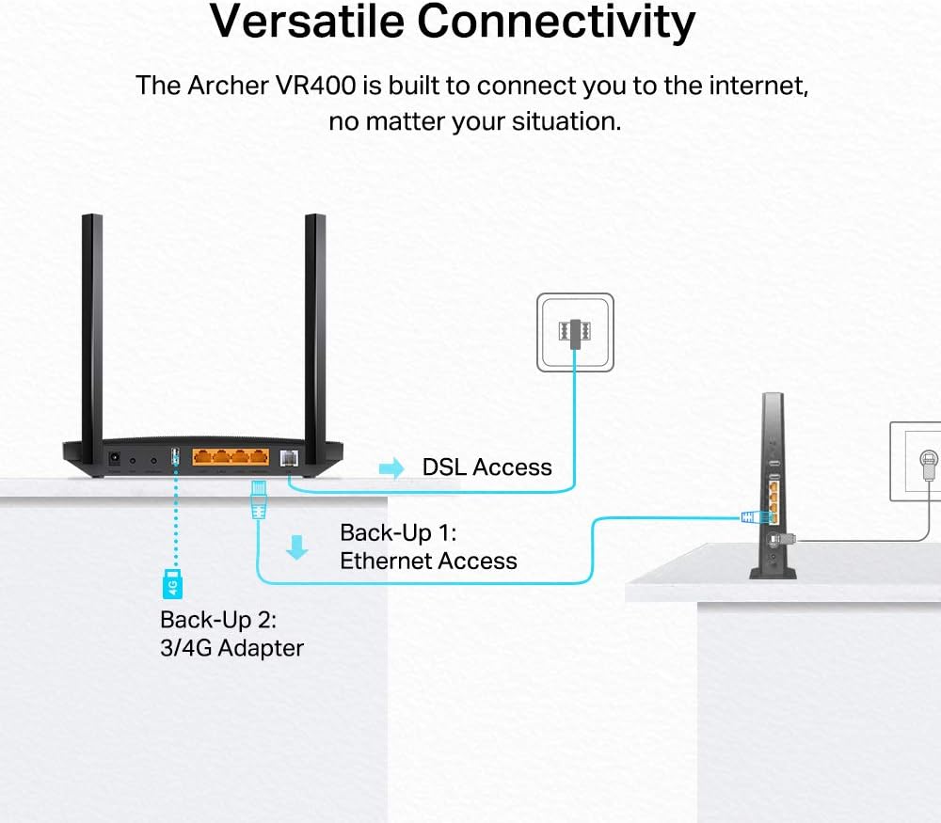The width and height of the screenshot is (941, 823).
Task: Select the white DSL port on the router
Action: pyautogui.click(x=288, y=459)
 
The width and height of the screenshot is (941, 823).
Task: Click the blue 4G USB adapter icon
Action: pyautogui.click(x=172, y=584)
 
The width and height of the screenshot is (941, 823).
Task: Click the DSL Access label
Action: pyautogui.click(x=486, y=467)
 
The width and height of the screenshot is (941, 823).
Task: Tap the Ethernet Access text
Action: pyautogui.click(x=428, y=562)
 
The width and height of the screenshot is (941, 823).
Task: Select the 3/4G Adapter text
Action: pyautogui.click(x=231, y=648)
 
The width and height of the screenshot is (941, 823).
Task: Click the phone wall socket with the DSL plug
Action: pyautogui.click(x=574, y=331)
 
